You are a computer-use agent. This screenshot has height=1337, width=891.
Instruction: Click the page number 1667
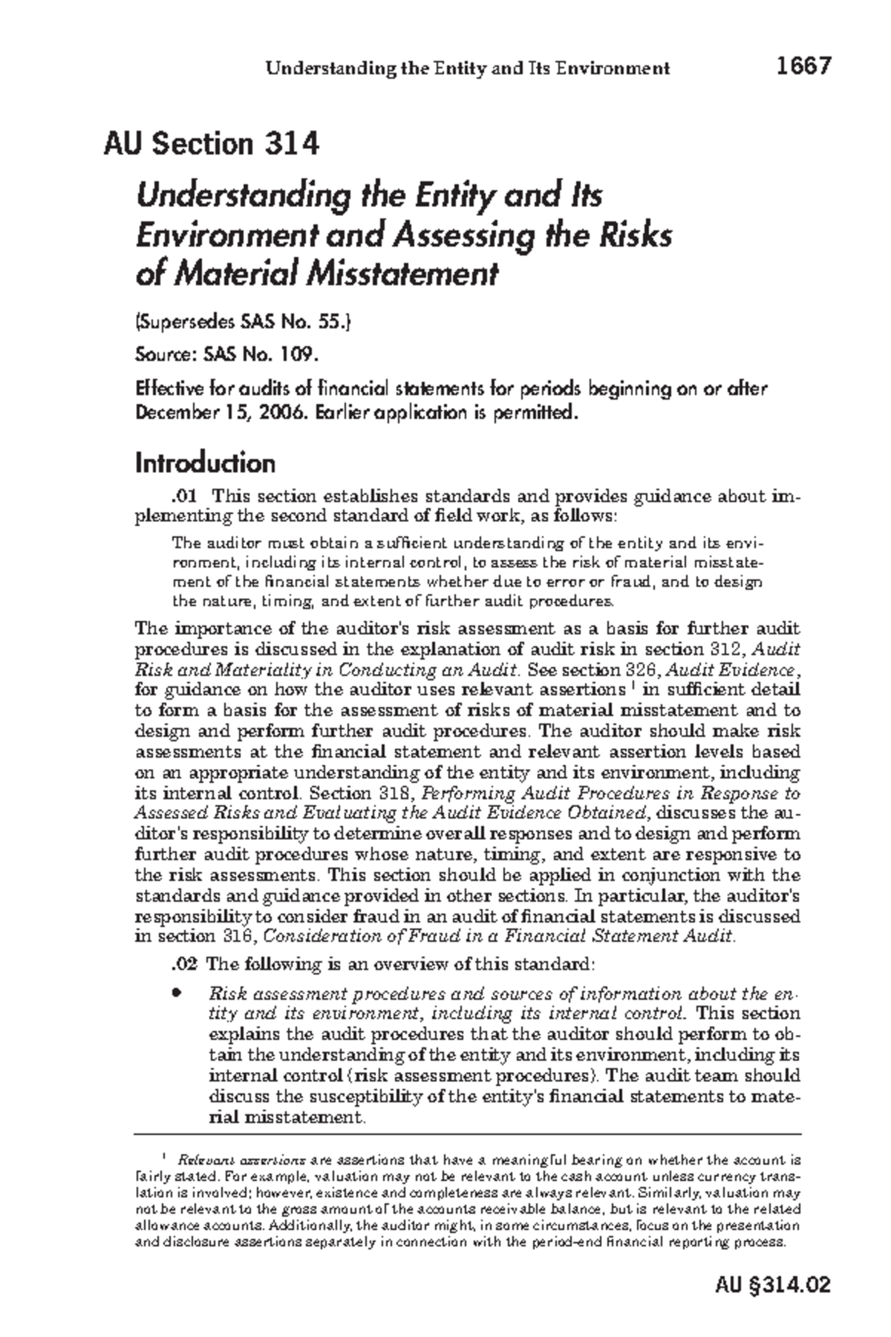(x=803, y=67)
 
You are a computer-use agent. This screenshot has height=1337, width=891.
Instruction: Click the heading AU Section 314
(x=212, y=143)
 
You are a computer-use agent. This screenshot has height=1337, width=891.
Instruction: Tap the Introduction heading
(x=205, y=463)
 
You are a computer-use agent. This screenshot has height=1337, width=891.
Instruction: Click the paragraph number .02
(x=184, y=965)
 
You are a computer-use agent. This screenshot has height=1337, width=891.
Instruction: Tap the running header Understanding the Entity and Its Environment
(x=468, y=69)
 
